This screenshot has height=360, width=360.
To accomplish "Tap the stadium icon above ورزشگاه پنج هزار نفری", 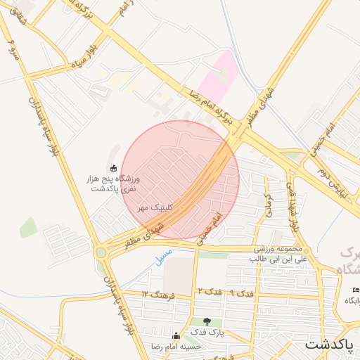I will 113,167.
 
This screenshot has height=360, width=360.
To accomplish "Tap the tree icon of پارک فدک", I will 206,321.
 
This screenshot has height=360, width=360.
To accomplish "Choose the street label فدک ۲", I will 209,292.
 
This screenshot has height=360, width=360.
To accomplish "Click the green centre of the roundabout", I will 101,252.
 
